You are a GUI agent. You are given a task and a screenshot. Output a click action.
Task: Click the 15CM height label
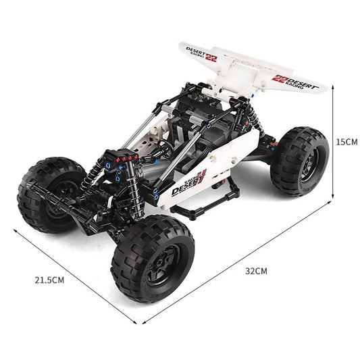click(346, 141)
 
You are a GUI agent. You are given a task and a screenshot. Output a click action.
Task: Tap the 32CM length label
click(256, 271)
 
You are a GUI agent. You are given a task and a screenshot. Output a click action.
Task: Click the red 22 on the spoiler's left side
click(211, 57)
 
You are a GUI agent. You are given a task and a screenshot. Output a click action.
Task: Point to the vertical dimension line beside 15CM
click(333, 141)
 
